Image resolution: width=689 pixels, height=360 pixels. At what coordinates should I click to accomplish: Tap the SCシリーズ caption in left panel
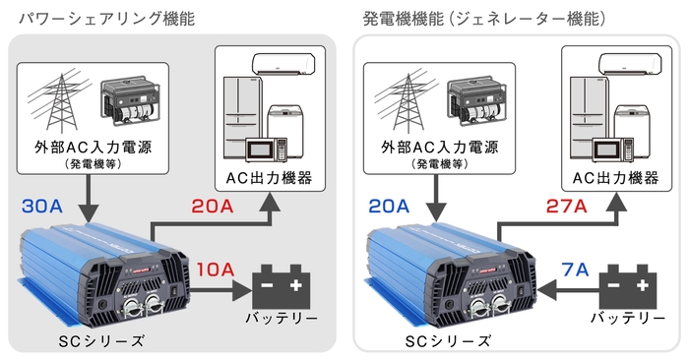tap(102, 340)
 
